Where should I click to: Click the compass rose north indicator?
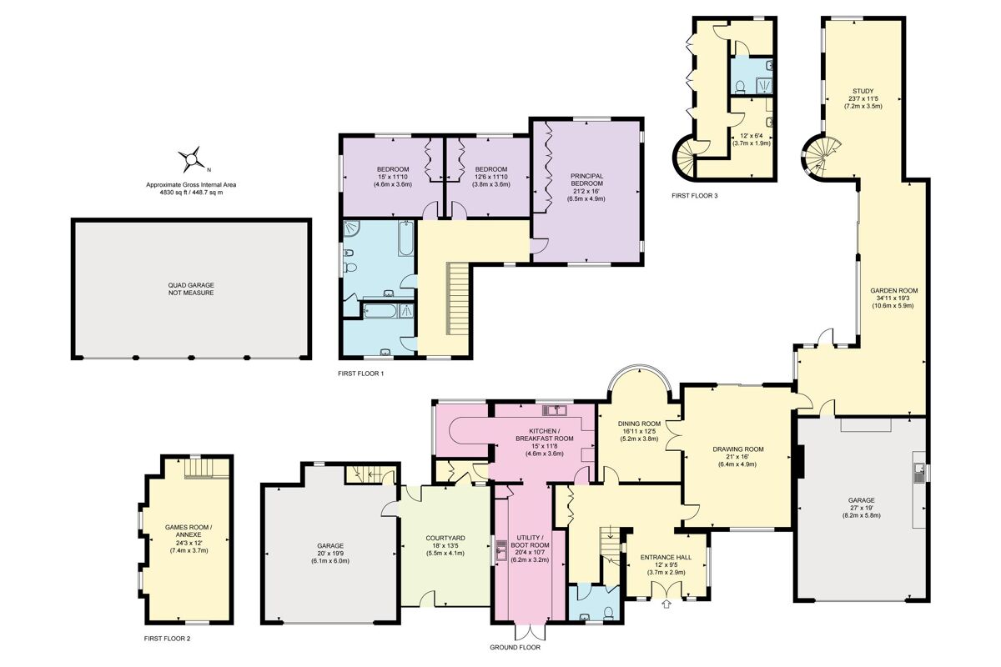[x=193, y=157]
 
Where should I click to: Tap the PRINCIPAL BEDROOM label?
[x=586, y=181]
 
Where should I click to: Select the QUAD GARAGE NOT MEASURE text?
[x=191, y=289]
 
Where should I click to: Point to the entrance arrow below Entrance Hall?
[x=665, y=604]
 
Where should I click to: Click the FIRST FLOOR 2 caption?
[x=168, y=638]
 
